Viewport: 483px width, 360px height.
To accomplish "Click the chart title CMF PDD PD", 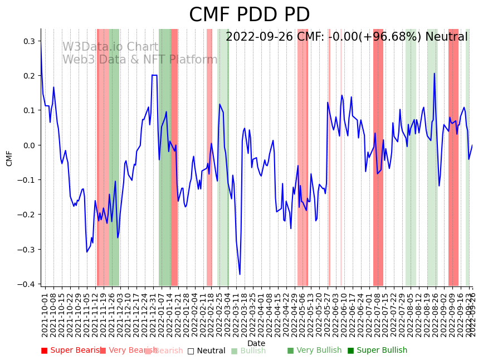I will (x=249, y=15).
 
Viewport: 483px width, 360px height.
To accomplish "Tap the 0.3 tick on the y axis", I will (x=28, y=41).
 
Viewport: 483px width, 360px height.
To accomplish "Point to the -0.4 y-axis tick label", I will (x=26, y=284).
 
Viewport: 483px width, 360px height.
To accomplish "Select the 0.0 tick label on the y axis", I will (x=28, y=145).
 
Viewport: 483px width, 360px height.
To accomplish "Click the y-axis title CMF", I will (x=9, y=158).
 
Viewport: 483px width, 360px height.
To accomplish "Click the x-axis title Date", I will (x=256, y=343).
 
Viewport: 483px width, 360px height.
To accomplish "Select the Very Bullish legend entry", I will (x=314, y=351).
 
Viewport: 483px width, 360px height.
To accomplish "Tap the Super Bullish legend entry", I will (x=377, y=351).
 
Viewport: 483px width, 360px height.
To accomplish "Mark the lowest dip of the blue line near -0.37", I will (x=240, y=274).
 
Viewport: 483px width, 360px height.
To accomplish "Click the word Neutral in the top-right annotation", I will (x=446, y=37).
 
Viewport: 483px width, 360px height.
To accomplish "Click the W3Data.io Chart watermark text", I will (x=110, y=47).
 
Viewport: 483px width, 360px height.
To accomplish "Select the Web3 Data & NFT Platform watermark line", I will (x=140, y=60).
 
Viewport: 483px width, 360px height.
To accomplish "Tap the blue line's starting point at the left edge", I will (x=41, y=47).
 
